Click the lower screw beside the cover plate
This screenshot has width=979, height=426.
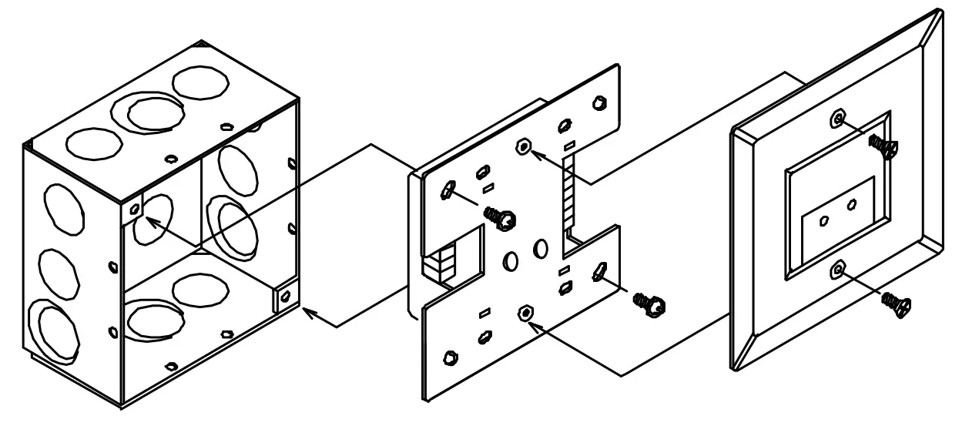point(896,303)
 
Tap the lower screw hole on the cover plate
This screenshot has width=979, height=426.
point(838,269)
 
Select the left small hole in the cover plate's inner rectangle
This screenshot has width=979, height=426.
point(825,220)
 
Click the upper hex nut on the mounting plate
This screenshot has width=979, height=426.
point(523,146)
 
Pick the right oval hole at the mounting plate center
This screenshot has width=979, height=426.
point(539,248)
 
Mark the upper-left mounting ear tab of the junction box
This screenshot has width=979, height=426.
point(134,209)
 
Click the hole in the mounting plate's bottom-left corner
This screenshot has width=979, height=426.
point(449,358)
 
